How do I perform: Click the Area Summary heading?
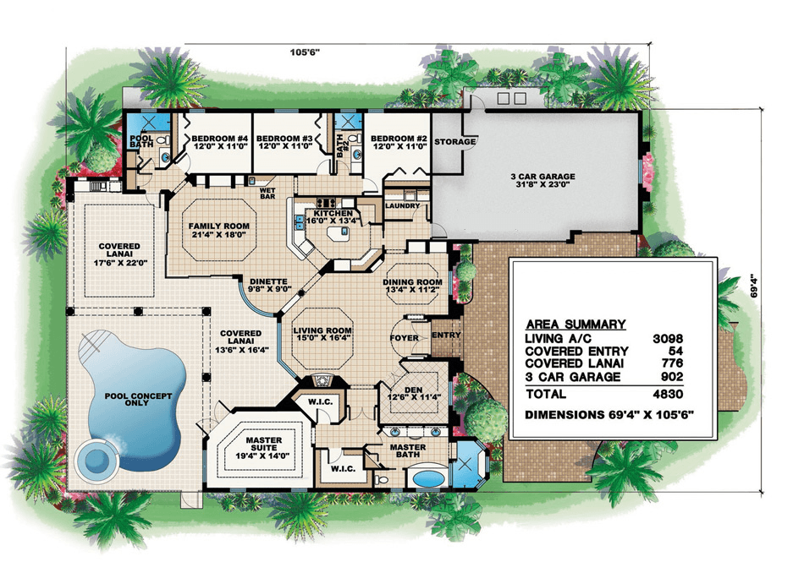pyautogui.click(x=575, y=324)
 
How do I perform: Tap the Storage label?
pyautogui.click(x=454, y=142)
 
